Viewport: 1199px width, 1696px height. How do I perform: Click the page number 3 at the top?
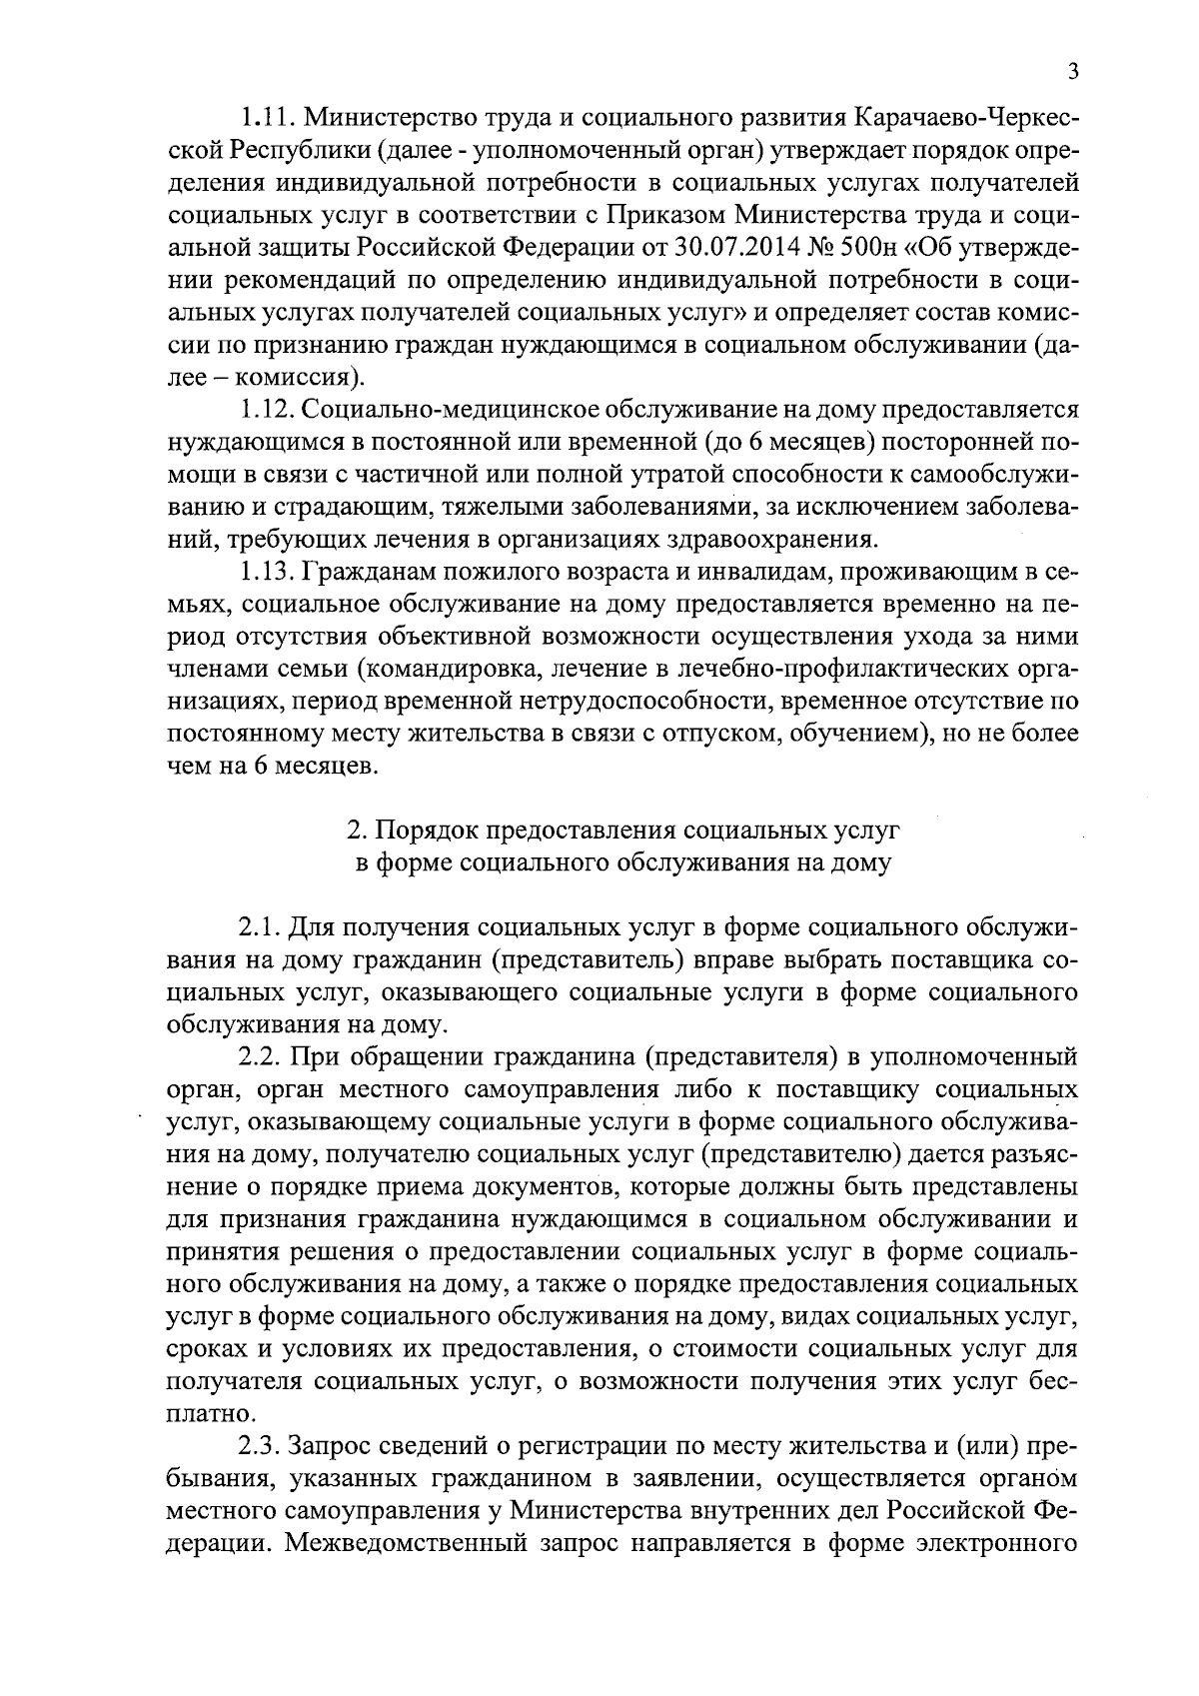pyautogui.click(x=1072, y=70)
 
